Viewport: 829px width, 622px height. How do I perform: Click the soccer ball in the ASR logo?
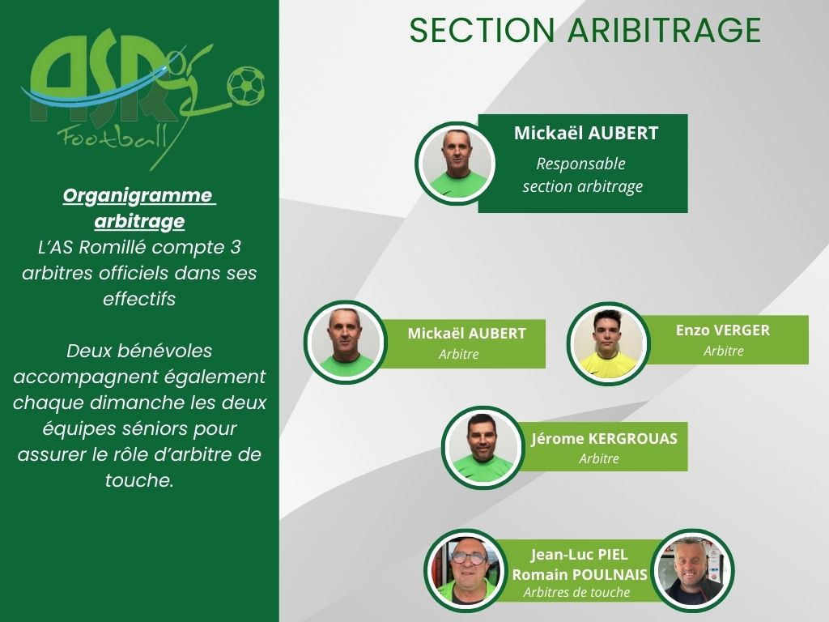click(x=246, y=84)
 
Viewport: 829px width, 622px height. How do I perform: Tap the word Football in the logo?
click(x=112, y=138)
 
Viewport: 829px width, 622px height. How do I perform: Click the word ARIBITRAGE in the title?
click(x=665, y=30)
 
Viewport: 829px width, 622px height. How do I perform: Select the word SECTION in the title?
click(x=483, y=30)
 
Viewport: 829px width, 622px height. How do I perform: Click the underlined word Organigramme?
click(x=138, y=195)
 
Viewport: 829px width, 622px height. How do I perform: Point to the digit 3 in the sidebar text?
click(x=236, y=247)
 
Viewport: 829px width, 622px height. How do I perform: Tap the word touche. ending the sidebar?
click(x=139, y=480)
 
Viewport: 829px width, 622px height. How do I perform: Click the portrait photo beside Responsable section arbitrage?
click(x=456, y=164)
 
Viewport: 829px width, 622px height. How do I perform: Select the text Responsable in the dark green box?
click(x=580, y=164)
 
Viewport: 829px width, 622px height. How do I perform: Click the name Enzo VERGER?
click(x=723, y=330)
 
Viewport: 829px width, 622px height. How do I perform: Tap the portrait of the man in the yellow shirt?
click(x=608, y=343)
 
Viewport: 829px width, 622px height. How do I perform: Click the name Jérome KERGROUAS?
click(x=604, y=438)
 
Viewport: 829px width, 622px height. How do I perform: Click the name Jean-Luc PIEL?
click(x=580, y=554)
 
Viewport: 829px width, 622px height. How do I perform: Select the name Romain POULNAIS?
click(x=580, y=574)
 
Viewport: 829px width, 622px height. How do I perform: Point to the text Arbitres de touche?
click(x=576, y=592)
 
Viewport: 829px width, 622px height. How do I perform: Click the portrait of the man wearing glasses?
click(x=466, y=570)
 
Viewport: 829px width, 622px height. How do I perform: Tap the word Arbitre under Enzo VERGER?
click(x=723, y=351)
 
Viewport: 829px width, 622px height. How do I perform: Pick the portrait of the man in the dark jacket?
click(x=693, y=570)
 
